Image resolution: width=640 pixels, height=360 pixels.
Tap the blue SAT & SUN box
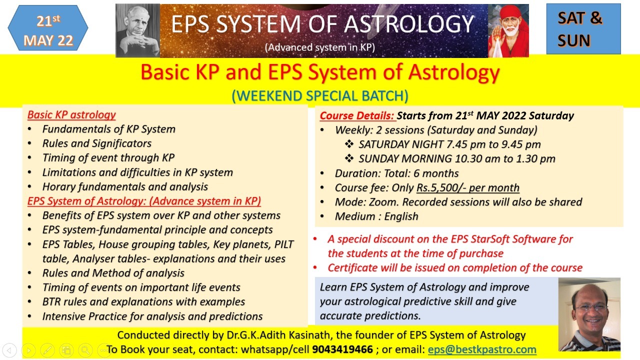[583, 29]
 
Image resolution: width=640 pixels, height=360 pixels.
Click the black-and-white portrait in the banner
[137, 31]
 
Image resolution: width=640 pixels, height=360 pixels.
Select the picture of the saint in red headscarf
[508, 31]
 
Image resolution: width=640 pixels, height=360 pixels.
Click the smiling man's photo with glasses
[589, 314]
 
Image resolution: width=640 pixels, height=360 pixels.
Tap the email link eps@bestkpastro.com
[482, 349]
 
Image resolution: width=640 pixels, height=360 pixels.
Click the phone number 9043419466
[342, 349]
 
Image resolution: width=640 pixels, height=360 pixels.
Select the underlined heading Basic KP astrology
[71, 114]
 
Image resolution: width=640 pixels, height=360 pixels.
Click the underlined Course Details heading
[357, 115]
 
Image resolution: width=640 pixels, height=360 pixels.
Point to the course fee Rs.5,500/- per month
[467, 187]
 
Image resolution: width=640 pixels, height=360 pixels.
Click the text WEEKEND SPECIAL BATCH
[320, 95]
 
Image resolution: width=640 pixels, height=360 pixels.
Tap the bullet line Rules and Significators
[96, 143]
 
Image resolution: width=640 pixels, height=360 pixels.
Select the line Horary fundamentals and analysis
[125, 186]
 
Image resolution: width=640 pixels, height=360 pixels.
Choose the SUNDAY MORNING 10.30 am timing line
[456, 158]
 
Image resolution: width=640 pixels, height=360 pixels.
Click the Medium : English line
[376, 216]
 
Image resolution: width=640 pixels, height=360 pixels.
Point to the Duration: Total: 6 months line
[396, 173]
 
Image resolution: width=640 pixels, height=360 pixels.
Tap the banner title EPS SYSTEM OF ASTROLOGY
[322, 24]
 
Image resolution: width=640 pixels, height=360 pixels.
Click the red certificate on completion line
[454, 267]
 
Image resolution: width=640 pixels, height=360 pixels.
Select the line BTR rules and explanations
[143, 301]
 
